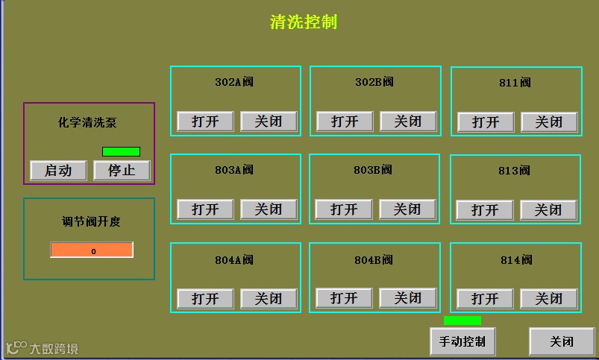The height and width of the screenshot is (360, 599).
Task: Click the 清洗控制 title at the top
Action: pos(304,22)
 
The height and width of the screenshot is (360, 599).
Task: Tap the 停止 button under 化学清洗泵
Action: pos(122,170)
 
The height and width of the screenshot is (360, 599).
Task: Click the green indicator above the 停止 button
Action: pos(121,152)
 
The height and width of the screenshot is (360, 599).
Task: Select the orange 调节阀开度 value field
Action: pos(92,250)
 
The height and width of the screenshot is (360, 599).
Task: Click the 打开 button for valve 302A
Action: pos(205,121)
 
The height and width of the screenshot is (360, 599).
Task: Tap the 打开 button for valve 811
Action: pos(486,122)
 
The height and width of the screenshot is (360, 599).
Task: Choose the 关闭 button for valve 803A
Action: pos(269,209)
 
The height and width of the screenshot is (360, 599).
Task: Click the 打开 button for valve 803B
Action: pos(344,209)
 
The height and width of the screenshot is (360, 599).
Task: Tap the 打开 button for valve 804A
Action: pos(205,299)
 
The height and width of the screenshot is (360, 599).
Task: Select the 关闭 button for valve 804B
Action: pos(407,298)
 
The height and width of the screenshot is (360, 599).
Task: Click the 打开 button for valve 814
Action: pos(485,299)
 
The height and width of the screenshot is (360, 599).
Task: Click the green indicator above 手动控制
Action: pos(462,320)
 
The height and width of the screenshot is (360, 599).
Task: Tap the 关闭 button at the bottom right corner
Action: pos(562,341)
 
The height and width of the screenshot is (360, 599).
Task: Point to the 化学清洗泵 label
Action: pos(88,123)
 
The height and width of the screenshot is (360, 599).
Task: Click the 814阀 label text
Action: pos(516,260)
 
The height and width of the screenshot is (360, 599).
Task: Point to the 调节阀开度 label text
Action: pos(91,221)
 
